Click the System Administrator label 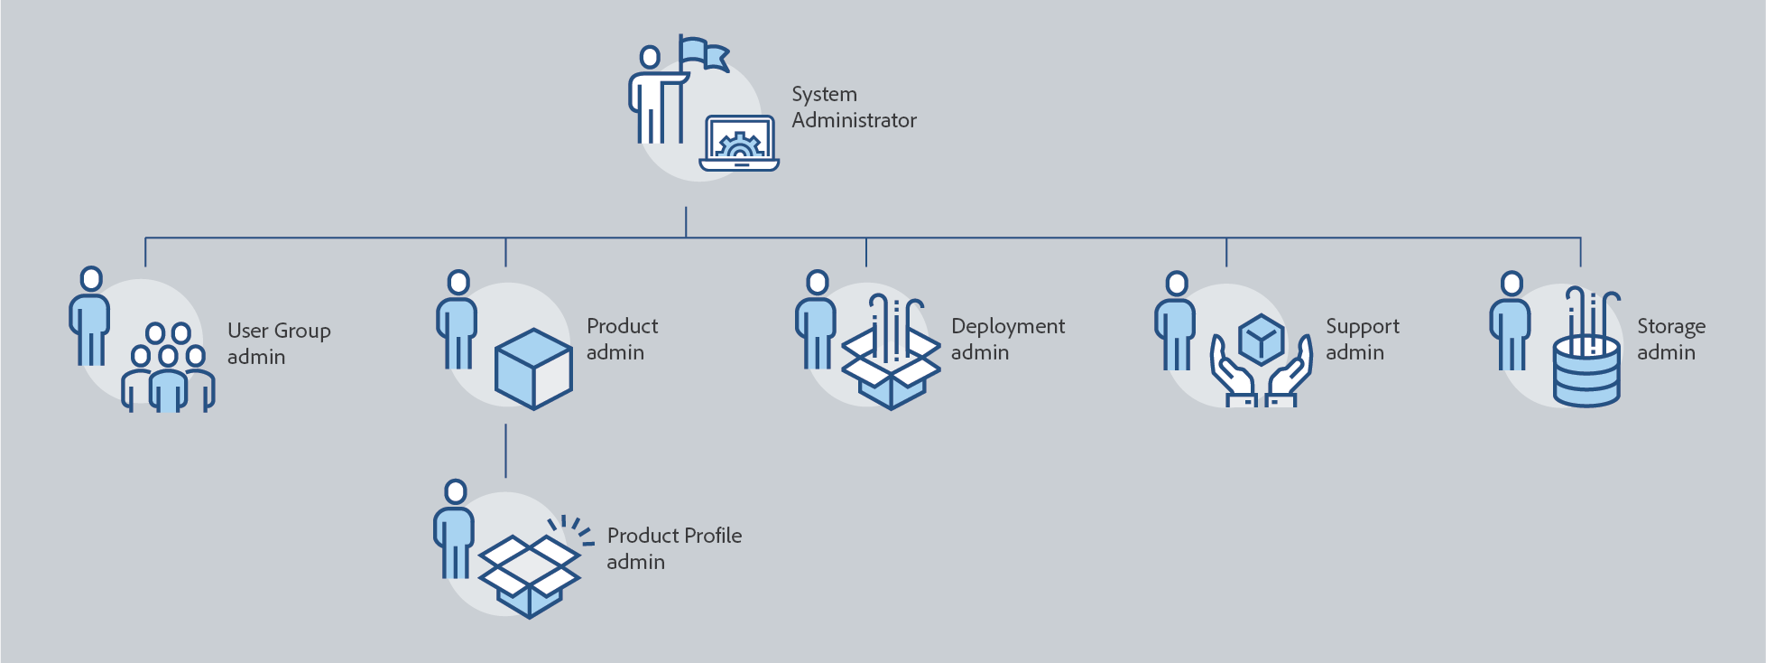(x=853, y=107)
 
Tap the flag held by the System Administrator (x=703, y=52)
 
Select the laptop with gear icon (x=739, y=144)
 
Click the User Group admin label (x=279, y=343)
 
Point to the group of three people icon (x=169, y=369)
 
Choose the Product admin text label (x=622, y=339)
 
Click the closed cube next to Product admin (x=533, y=369)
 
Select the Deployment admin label (x=1007, y=339)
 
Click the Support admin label (x=1362, y=339)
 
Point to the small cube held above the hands (x=1261, y=340)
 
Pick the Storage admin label (x=1670, y=339)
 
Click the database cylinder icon (x=1586, y=371)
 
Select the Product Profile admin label (x=673, y=548)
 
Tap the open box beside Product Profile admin (x=530, y=574)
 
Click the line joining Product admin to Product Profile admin (x=505, y=451)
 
